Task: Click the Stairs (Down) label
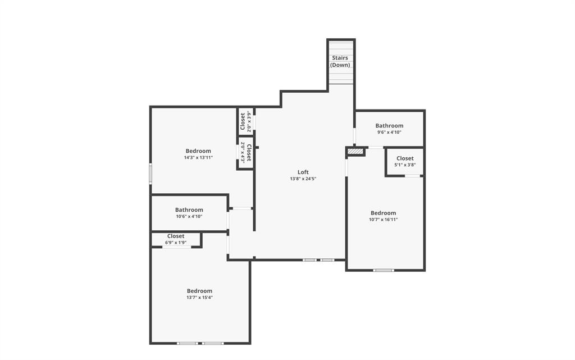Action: coord(340,61)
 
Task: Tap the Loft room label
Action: coord(303,172)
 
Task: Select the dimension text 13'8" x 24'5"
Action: coord(303,179)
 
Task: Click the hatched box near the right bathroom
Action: coord(355,152)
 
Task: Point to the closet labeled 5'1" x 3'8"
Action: coord(405,162)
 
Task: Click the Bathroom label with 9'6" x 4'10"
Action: coord(389,126)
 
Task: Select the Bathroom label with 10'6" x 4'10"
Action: coord(189,210)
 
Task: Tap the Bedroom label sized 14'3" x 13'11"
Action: coord(198,151)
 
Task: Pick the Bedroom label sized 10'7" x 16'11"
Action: coord(384,213)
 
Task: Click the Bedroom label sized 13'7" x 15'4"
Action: coord(199,291)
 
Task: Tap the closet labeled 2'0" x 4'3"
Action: coord(246,152)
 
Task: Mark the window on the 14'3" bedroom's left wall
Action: coord(150,173)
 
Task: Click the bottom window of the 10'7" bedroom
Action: coord(384,270)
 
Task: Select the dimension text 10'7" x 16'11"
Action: coord(384,220)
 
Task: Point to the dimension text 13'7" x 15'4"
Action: coord(199,298)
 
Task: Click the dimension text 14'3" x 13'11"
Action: coord(198,158)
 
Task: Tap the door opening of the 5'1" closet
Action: coord(413,176)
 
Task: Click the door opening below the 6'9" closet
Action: coord(176,247)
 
